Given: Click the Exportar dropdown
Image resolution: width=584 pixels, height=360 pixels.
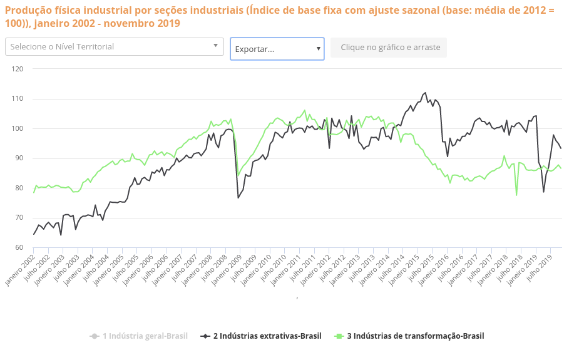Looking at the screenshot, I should pyautogui.click(x=277, y=48).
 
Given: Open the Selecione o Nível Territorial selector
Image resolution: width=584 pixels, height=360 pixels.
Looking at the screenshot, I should pyautogui.click(x=115, y=46).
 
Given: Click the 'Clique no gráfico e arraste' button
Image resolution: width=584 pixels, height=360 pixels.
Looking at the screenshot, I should pyautogui.click(x=389, y=48).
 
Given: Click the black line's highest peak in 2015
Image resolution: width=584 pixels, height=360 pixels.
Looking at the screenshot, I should pyautogui.click(x=426, y=93).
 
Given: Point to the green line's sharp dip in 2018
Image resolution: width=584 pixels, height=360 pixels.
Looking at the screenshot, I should pyautogui.click(x=516, y=195).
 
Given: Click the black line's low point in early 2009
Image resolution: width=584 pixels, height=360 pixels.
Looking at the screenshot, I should pyautogui.click(x=238, y=198).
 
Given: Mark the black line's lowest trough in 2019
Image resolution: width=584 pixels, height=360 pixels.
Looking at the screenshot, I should pyautogui.click(x=543, y=192).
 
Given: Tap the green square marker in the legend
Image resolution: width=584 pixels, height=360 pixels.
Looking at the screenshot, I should pyautogui.click(x=339, y=336).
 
